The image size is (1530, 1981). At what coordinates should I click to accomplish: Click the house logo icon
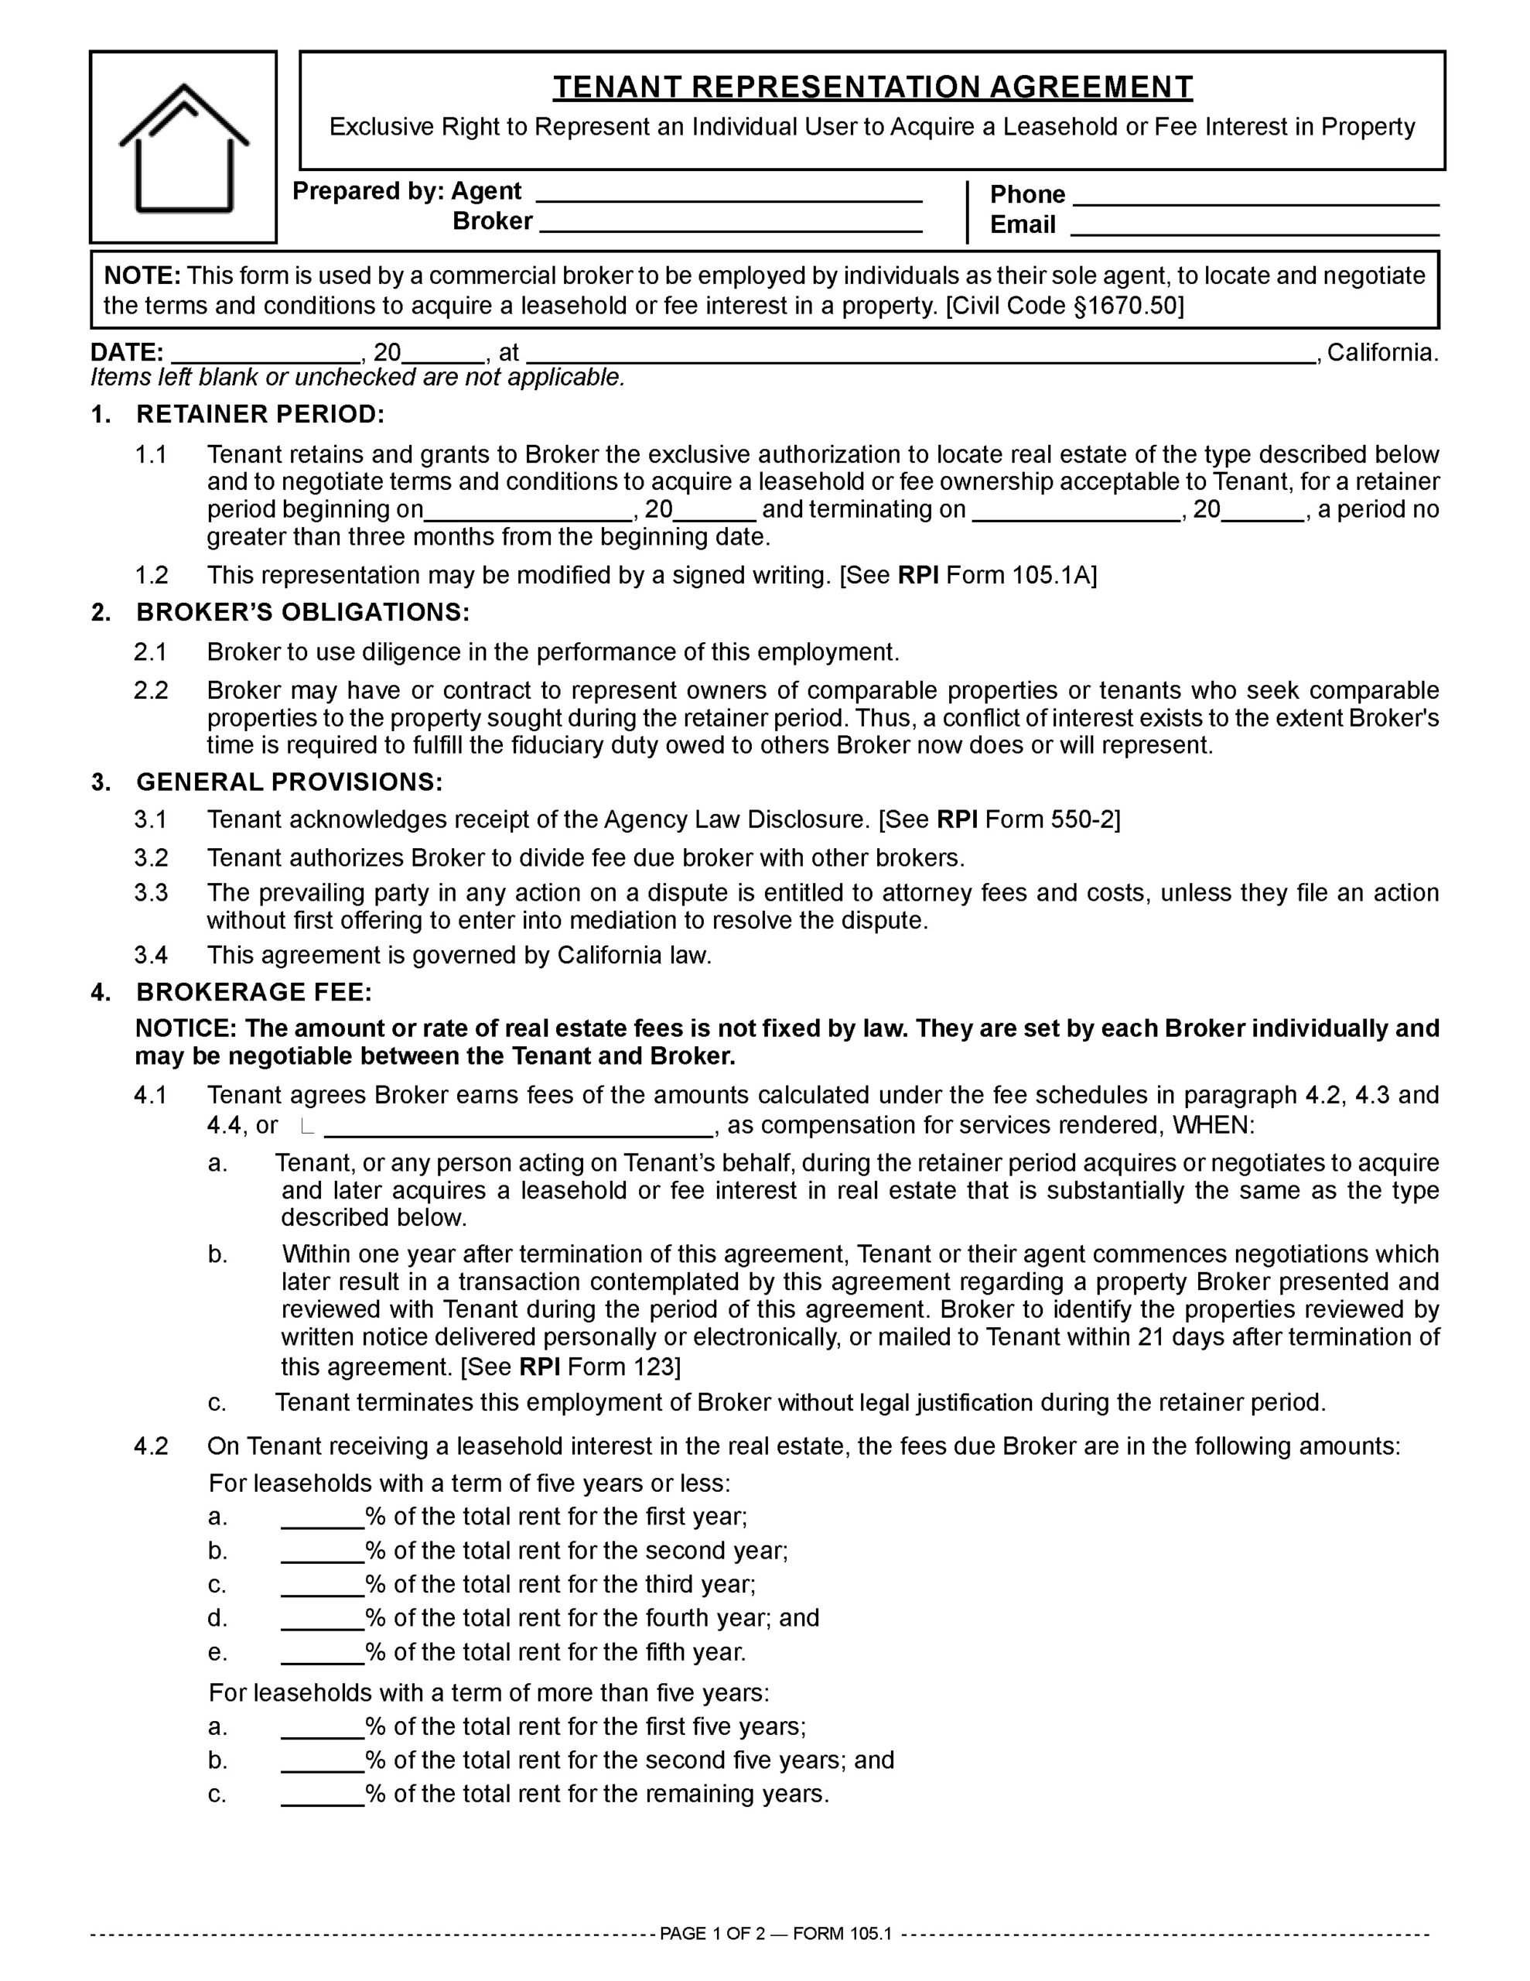[x=183, y=148]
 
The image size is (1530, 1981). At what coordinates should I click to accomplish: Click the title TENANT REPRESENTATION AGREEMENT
[x=873, y=87]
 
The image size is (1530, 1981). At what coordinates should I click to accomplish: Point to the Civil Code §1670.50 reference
[x=1065, y=306]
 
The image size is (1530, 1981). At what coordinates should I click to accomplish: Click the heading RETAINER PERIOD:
[x=261, y=415]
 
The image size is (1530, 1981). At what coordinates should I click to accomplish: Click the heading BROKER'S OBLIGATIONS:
[x=303, y=612]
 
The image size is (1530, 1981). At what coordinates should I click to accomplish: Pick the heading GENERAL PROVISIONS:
[x=289, y=782]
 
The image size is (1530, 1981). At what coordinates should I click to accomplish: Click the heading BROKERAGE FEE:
[x=254, y=991]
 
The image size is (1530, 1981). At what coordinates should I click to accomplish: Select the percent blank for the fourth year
[x=322, y=1618]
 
